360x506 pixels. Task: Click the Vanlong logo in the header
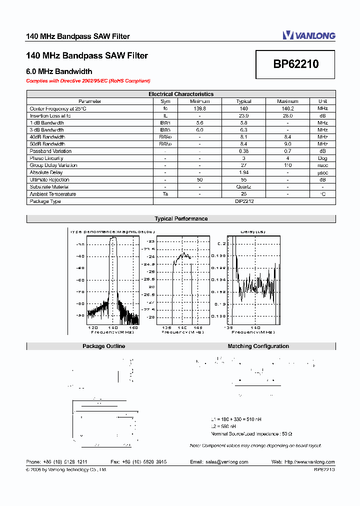(309, 35)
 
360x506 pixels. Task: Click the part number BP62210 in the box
(295, 64)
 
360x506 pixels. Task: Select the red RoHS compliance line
(88, 80)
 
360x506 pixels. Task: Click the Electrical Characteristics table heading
(181, 94)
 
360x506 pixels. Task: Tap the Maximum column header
(287, 101)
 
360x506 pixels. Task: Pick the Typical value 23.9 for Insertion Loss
(243, 115)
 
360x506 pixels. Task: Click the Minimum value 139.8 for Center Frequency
(199, 108)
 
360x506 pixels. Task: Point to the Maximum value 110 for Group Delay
(287, 165)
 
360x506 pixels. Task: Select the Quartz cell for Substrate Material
(243, 187)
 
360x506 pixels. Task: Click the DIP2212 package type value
(244, 201)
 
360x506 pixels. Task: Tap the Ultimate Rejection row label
(49, 180)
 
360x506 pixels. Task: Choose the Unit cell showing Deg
(322, 158)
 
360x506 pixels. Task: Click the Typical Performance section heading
(181, 219)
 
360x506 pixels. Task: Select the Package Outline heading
(103, 346)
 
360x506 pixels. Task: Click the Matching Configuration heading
(258, 346)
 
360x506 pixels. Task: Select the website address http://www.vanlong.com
(309, 462)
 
